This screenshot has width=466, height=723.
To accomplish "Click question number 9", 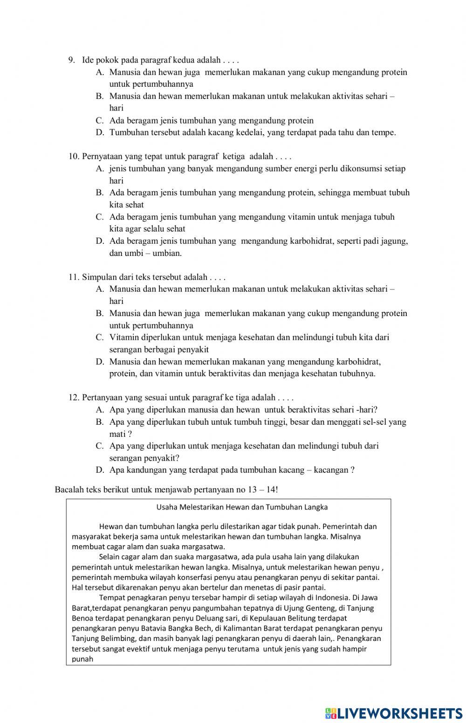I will pos(72,60).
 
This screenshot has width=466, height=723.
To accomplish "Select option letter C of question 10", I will pos(99,217).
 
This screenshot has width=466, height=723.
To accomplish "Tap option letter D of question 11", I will pos(99,362).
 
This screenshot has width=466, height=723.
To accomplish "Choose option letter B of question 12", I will pos(99,422).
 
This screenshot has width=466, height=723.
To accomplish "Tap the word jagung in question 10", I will pos(394,241).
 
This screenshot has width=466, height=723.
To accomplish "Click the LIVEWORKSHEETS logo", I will pos(394,713).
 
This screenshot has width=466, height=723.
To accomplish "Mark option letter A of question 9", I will pos(99,72).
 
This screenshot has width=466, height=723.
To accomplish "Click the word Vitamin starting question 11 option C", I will pos(123,337).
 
